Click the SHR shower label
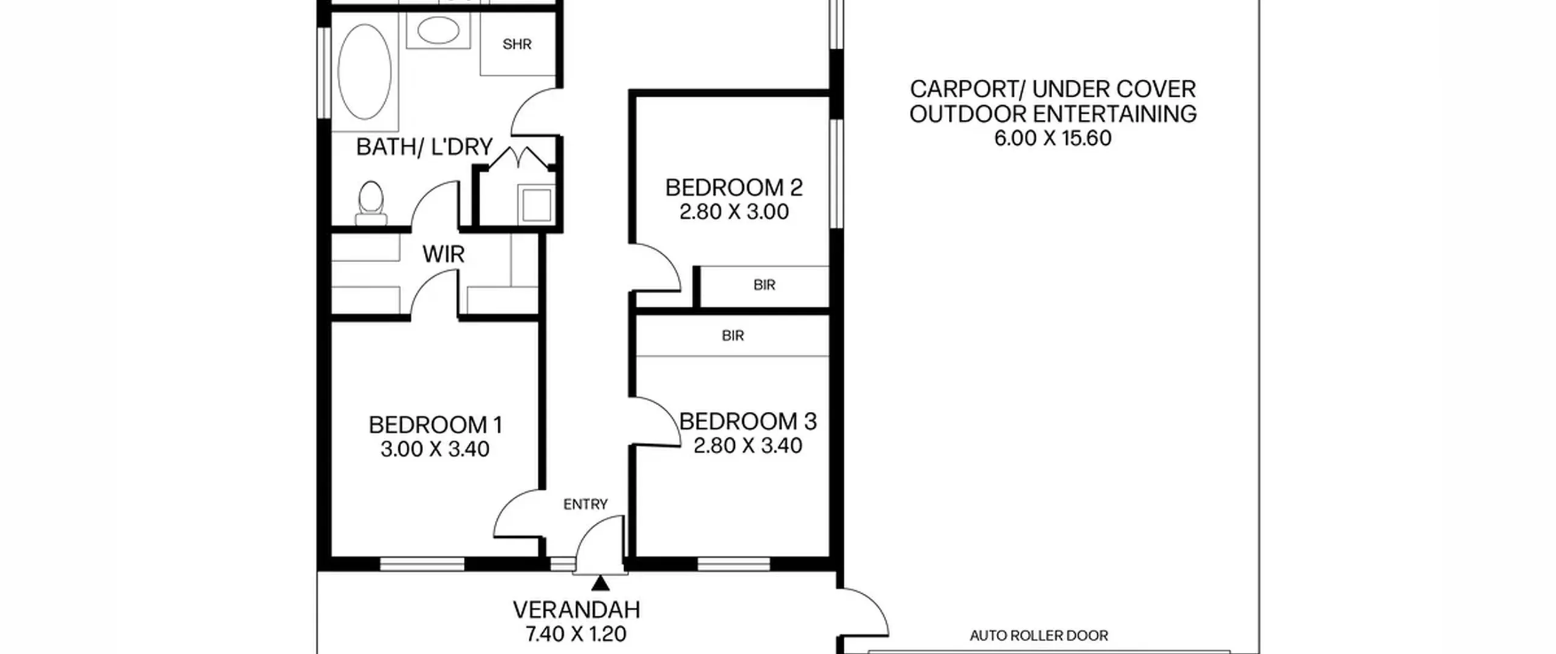517,44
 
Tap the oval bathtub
365,72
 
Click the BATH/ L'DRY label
424,147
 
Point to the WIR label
444,254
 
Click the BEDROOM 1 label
435,425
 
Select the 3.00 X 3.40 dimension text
435,450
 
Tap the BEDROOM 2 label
734,187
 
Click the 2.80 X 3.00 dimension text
734,212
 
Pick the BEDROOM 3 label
748,421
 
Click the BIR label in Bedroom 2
764,285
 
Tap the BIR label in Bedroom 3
733,335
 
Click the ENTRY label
585,504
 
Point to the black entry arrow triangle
601,583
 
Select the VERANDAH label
576,610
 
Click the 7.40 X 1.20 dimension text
576,635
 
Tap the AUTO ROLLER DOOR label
1039,636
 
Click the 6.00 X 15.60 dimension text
1053,138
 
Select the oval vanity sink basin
438,30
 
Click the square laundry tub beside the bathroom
537,206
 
